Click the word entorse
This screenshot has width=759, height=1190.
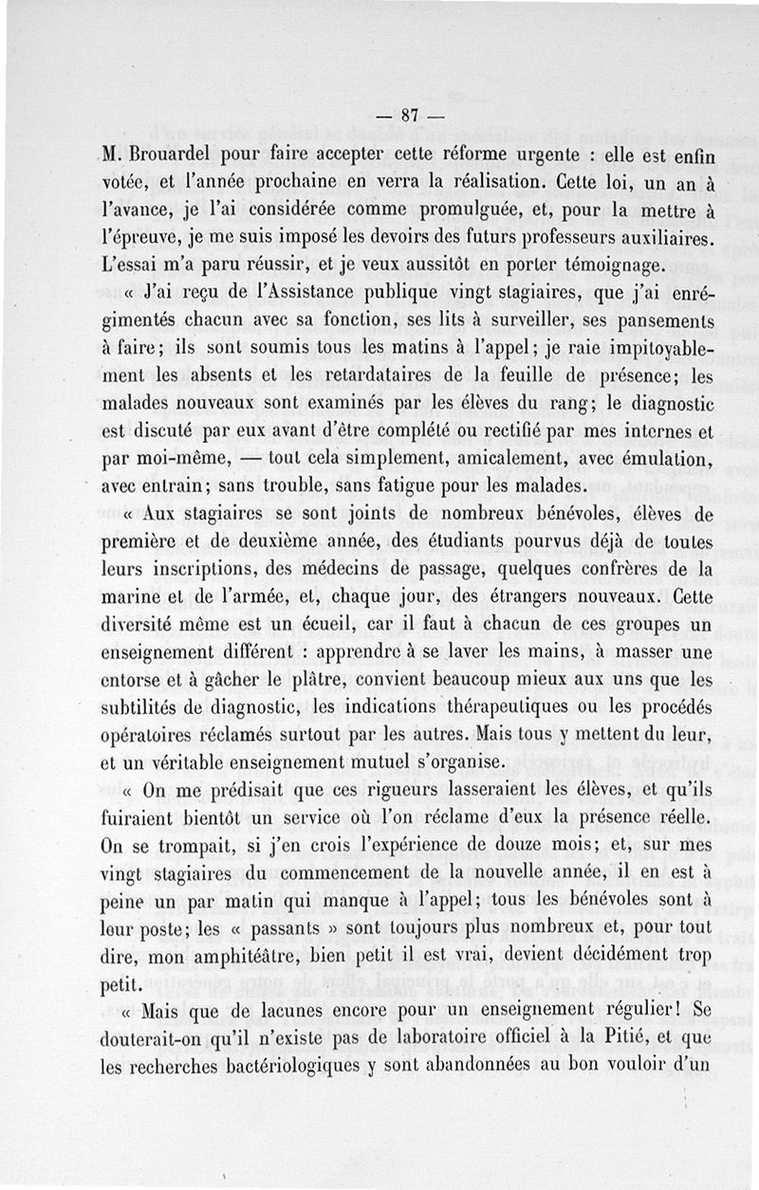click(x=135, y=681)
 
